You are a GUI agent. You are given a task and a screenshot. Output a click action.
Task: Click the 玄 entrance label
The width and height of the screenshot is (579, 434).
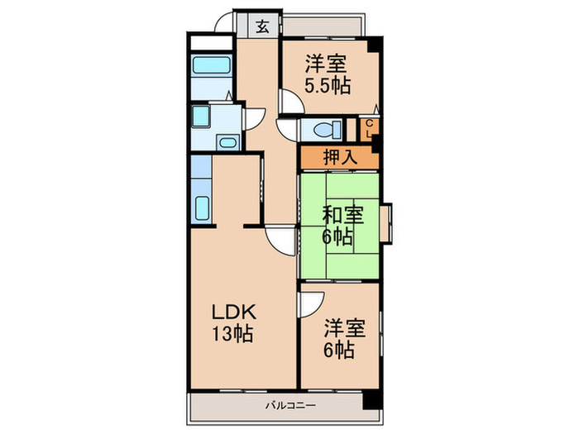(261, 26)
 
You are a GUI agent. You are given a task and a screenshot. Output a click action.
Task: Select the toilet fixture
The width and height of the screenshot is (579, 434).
(329, 129)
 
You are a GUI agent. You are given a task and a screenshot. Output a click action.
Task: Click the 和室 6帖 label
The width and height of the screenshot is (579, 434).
(338, 225)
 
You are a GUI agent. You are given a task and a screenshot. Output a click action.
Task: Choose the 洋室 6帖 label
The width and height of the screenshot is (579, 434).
(339, 337)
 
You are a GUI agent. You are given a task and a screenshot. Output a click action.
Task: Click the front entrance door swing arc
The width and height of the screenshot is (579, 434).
(221, 24)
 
